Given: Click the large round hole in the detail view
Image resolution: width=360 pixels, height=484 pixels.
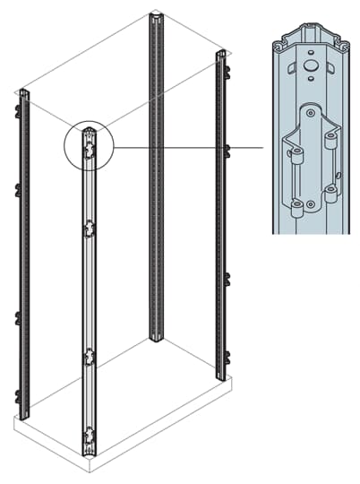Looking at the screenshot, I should [309, 66].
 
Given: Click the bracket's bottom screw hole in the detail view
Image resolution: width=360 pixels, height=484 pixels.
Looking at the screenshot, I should [310, 205].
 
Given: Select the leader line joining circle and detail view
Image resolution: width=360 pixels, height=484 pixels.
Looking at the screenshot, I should [188, 146].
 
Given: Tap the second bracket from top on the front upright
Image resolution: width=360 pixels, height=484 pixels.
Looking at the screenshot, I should [89, 231].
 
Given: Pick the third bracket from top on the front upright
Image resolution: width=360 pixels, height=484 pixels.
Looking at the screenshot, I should [89, 358].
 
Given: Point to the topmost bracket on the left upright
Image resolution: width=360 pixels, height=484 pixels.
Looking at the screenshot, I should [18, 110].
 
